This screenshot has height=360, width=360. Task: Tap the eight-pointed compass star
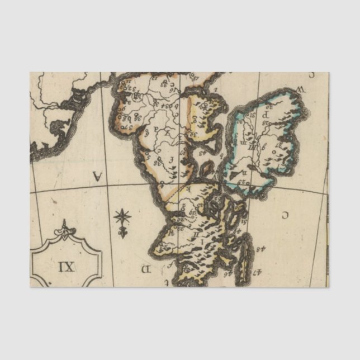(122, 216)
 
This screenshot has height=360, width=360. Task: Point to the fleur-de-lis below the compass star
(122, 231)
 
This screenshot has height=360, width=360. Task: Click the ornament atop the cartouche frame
(66, 229)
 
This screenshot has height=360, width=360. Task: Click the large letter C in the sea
(285, 214)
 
